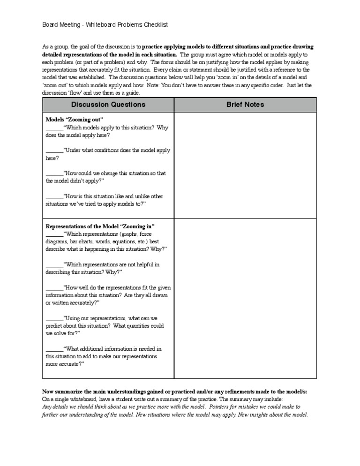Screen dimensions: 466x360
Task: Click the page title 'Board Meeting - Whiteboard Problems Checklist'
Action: pyautogui.click(x=105, y=24)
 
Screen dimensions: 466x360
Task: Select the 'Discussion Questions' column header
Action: pyautogui.click(x=108, y=105)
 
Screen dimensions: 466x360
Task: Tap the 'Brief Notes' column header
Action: pyautogui.click(x=245, y=105)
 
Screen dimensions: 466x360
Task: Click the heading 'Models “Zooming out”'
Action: pyautogui.click(x=74, y=120)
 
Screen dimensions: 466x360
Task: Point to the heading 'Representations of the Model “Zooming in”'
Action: pyautogui.click(x=100, y=226)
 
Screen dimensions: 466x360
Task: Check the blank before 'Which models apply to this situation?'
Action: pyautogui.click(x=54, y=128)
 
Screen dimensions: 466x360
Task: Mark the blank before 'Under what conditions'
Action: pyautogui.click(x=54, y=150)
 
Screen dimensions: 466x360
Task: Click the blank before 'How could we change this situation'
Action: pyautogui.click(x=54, y=173)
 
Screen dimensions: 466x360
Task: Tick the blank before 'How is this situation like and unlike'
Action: pyautogui.click(x=54, y=196)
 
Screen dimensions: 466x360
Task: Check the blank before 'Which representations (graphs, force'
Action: pyautogui.click(x=54, y=234)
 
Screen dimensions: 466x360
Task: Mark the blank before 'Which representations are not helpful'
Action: pyautogui.click(x=54, y=264)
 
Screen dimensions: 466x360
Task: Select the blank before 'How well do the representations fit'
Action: pyautogui.click(x=54, y=288)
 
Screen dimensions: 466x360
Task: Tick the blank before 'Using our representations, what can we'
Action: pyautogui.click(x=54, y=318)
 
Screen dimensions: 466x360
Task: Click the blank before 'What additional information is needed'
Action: pyautogui.click(x=54, y=349)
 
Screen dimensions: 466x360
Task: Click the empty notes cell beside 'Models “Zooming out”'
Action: pyautogui.click(x=245, y=164)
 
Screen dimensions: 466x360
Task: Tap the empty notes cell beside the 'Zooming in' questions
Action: pyautogui.click(x=245, y=298)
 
